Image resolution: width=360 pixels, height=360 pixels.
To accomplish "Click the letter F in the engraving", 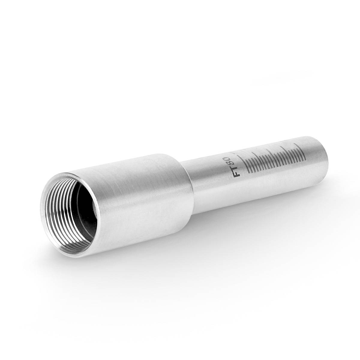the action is pyautogui.click(x=238, y=173).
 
